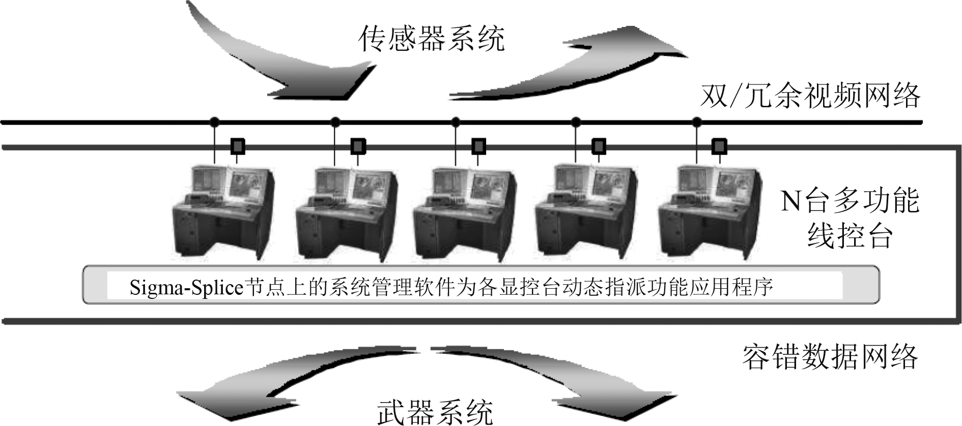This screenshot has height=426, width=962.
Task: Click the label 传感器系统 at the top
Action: click(432, 39)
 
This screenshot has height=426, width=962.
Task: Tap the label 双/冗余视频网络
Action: click(810, 96)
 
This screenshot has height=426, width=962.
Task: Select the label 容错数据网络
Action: click(830, 357)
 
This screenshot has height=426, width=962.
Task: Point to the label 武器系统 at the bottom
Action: click(435, 412)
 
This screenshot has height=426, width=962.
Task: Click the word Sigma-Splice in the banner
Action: click(187, 287)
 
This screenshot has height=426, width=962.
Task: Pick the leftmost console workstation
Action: click(222, 211)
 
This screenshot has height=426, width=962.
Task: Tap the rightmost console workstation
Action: click(709, 211)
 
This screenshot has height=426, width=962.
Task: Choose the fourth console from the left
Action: click(585, 211)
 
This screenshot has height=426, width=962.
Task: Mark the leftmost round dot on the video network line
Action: click(214, 122)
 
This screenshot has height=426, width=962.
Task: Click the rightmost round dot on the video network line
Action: click(697, 122)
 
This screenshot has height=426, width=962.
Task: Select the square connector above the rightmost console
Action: click(719, 146)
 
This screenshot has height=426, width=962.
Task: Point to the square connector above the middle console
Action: click(478, 146)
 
